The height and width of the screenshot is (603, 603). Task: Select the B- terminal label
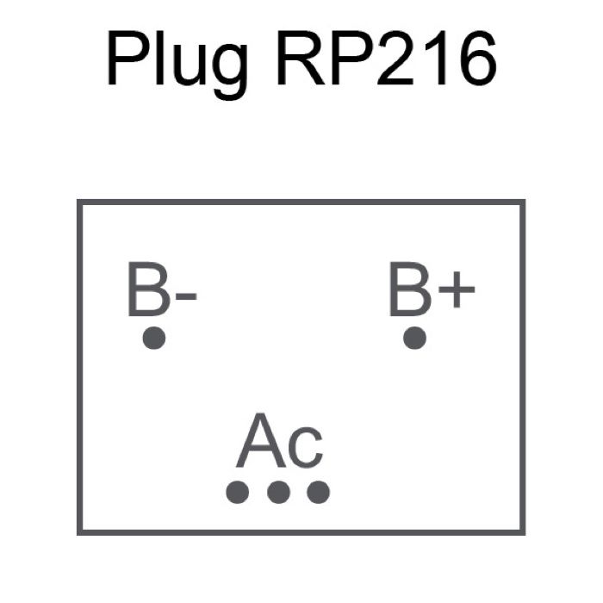point(161,290)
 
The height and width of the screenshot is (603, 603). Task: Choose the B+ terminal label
point(431,290)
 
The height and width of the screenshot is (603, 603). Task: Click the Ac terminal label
point(280,442)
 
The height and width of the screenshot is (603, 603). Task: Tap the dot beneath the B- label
point(154,338)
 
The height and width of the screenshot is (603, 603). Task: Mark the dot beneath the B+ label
point(415,338)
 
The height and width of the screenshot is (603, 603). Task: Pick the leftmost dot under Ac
point(237,492)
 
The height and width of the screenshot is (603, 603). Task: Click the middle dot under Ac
point(277,492)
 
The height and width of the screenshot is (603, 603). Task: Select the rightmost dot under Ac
point(318,492)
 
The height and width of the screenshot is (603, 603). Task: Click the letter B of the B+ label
point(410,290)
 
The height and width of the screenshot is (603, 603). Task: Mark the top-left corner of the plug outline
point(79,202)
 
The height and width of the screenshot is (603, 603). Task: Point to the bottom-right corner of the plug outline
point(523,532)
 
